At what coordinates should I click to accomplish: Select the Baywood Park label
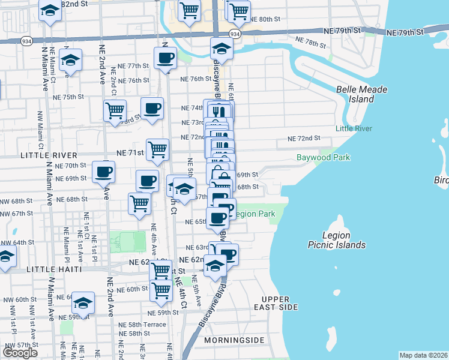click(323, 158)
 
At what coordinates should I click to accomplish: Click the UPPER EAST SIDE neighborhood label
click(280, 303)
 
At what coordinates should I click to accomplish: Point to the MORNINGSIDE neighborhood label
click(234, 340)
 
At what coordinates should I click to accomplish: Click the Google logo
click(20, 353)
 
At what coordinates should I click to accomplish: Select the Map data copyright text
click(423, 355)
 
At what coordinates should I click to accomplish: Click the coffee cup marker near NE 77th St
click(165, 59)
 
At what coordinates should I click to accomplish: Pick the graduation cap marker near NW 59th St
click(83, 302)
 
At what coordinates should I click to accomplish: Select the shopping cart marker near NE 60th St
click(161, 290)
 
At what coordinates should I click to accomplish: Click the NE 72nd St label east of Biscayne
click(304, 139)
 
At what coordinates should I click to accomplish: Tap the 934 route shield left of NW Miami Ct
click(26, 40)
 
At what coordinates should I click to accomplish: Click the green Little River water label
click(354, 128)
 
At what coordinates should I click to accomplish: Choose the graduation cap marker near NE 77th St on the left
click(71, 60)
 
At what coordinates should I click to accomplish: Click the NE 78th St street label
click(312, 44)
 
